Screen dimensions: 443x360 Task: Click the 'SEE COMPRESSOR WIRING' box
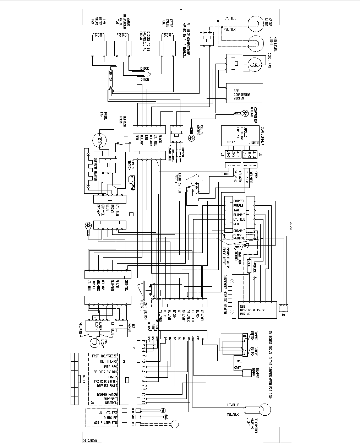click(x=245, y=93)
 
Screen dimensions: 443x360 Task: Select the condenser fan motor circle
click(x=255, y=64)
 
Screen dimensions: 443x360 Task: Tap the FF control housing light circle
click(x=264, y=409)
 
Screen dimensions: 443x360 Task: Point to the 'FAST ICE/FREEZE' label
click(x=104, y=356)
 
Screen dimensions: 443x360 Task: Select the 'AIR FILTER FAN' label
click(x=105, y=423)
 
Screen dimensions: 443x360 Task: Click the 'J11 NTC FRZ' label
click(x=108, y=412)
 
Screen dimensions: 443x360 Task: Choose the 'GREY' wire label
click(x=238, y=368)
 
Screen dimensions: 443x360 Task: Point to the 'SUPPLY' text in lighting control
click(x=230, y=142)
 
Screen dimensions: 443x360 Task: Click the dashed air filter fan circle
click(x=174, y=424)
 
